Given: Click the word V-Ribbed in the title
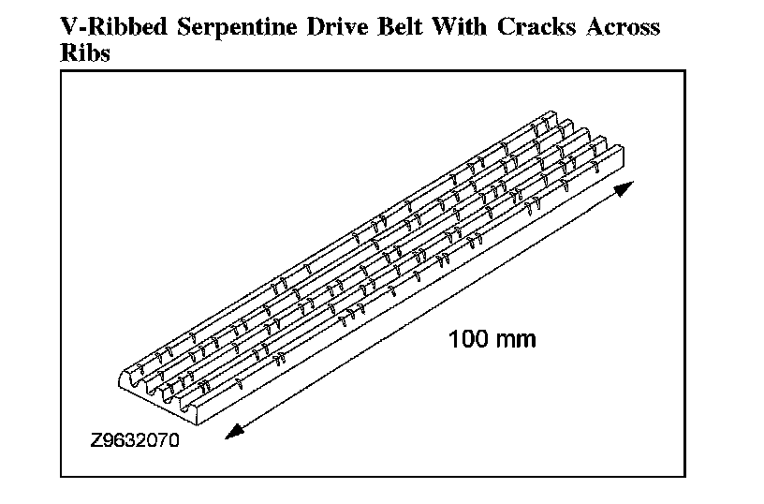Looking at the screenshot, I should pos(106,27).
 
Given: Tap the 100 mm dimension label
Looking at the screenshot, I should pos(492,338).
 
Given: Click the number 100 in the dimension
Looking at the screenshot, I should pos(467,338).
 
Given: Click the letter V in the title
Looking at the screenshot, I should pos(68,27).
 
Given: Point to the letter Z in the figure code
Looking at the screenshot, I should pos(96,438).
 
